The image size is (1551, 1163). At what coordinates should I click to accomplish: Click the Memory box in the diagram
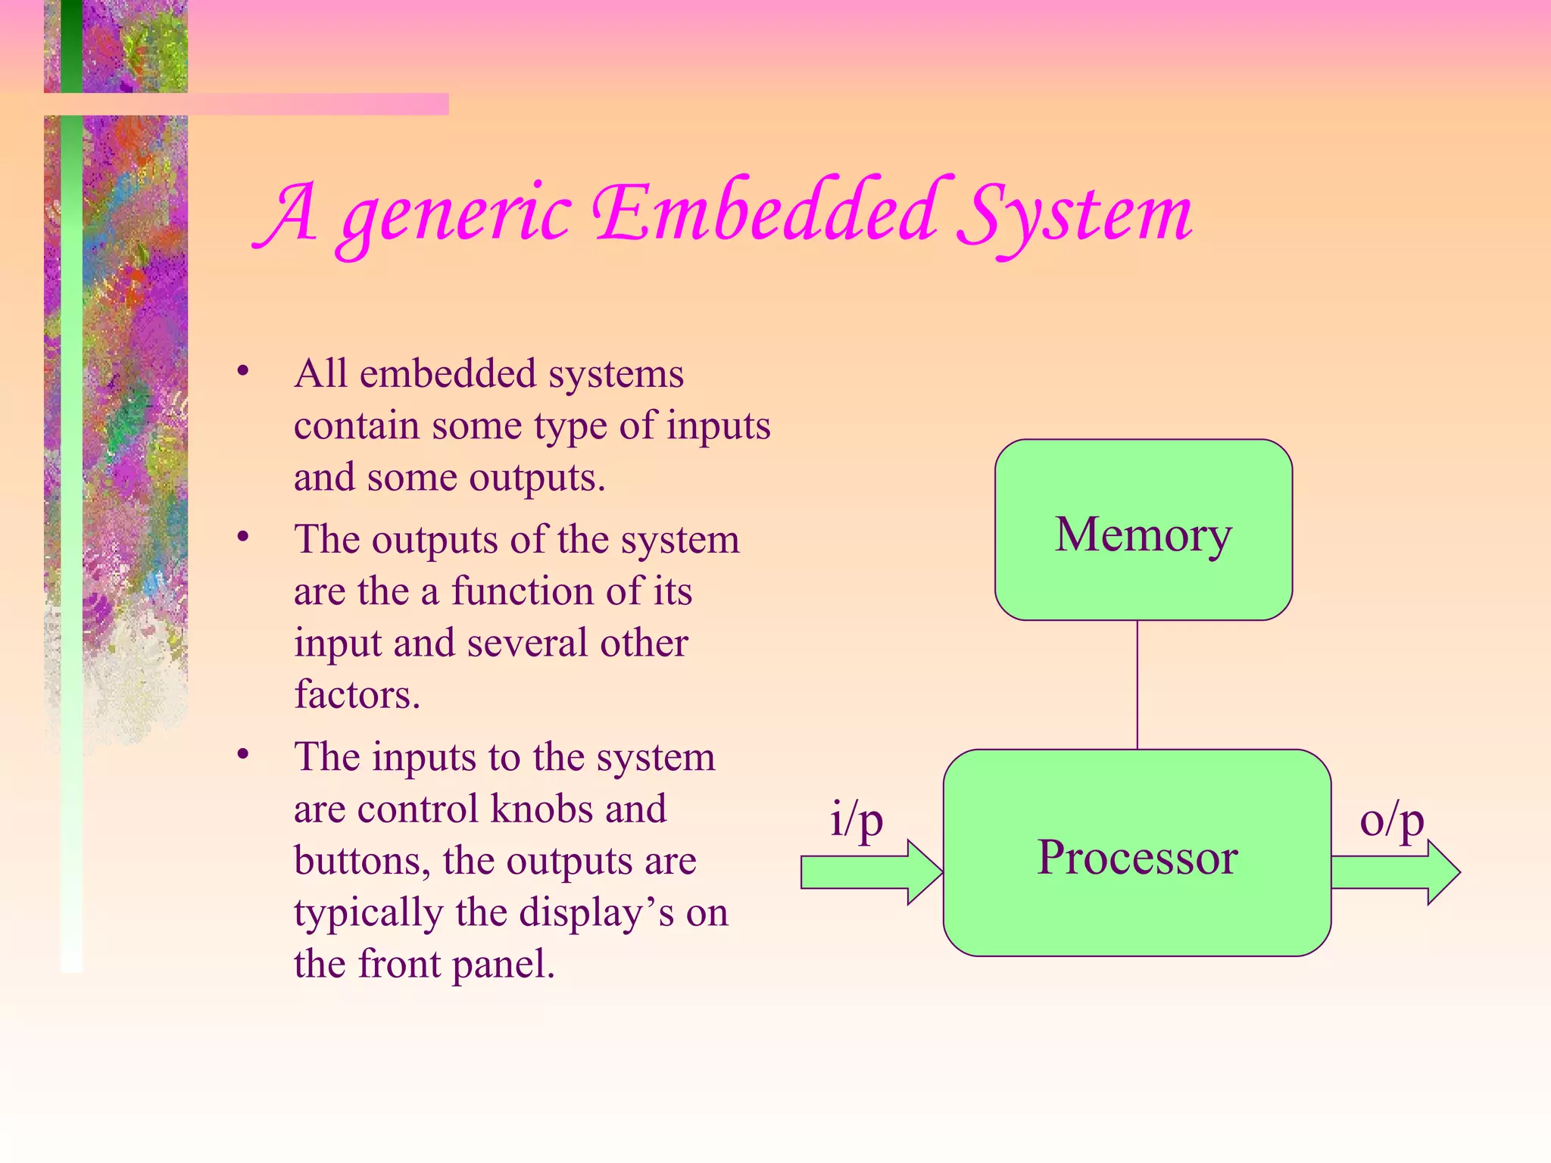click(1143, 530)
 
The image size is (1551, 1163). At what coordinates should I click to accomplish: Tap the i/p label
click(857, 820)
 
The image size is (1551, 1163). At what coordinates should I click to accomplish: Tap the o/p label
click(1392, 820)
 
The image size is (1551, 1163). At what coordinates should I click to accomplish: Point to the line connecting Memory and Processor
click(1138, 684)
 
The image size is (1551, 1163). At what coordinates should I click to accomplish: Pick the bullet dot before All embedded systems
click(242, 371)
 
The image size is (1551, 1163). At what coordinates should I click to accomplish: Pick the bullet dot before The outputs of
click(242, 537)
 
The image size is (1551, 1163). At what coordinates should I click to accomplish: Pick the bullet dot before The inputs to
click(242, 754)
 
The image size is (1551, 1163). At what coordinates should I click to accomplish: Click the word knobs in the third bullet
click(542, 809)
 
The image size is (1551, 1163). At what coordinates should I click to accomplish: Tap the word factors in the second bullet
click(356, 694)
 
